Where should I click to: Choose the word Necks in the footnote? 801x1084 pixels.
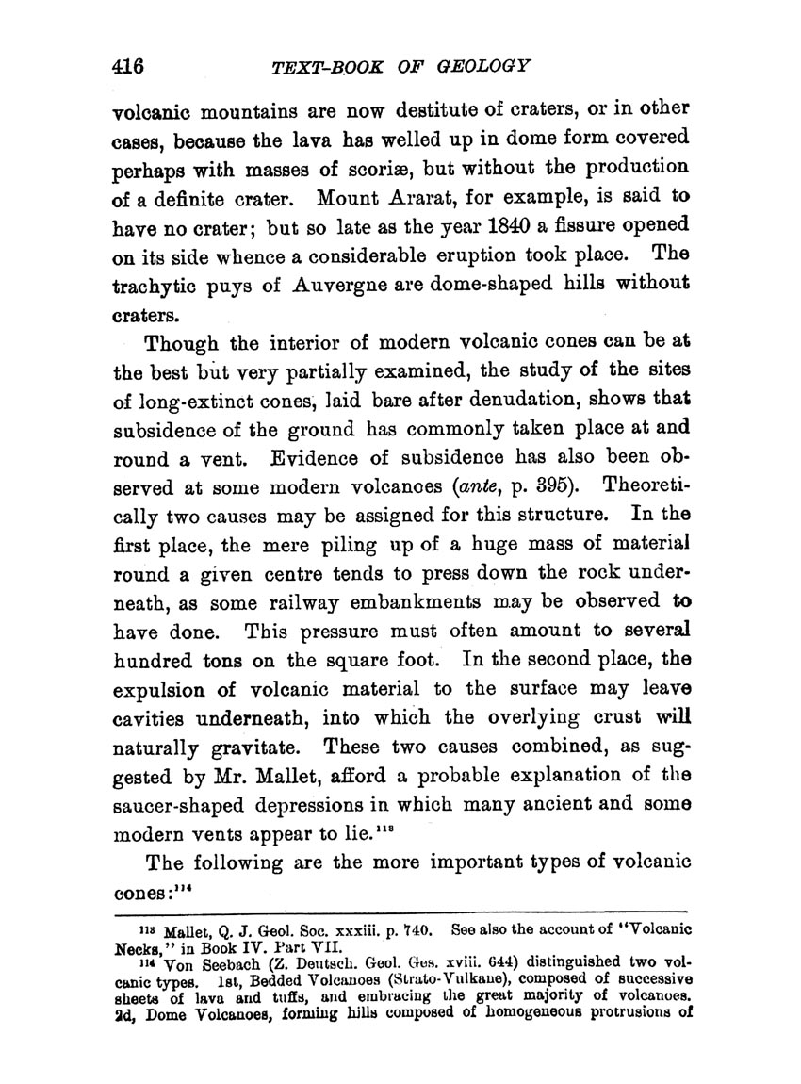click(x=135, y=944)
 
